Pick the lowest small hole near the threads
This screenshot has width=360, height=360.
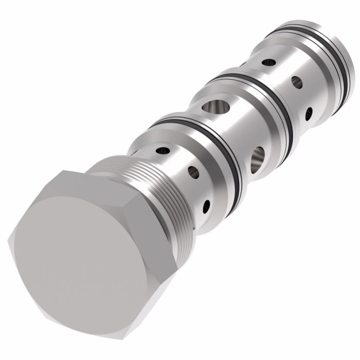pyautogui.click(x=206, y=207)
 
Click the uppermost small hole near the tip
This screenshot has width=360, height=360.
pyautogui.click(x=268, y=63)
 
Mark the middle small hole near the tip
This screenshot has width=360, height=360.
pyautogui.click(x=297, y=82)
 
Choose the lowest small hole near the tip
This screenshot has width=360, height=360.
pyautogui.click(x=309, y=114)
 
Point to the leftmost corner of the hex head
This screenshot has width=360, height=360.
pyautogui.click(x=11, y=239)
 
